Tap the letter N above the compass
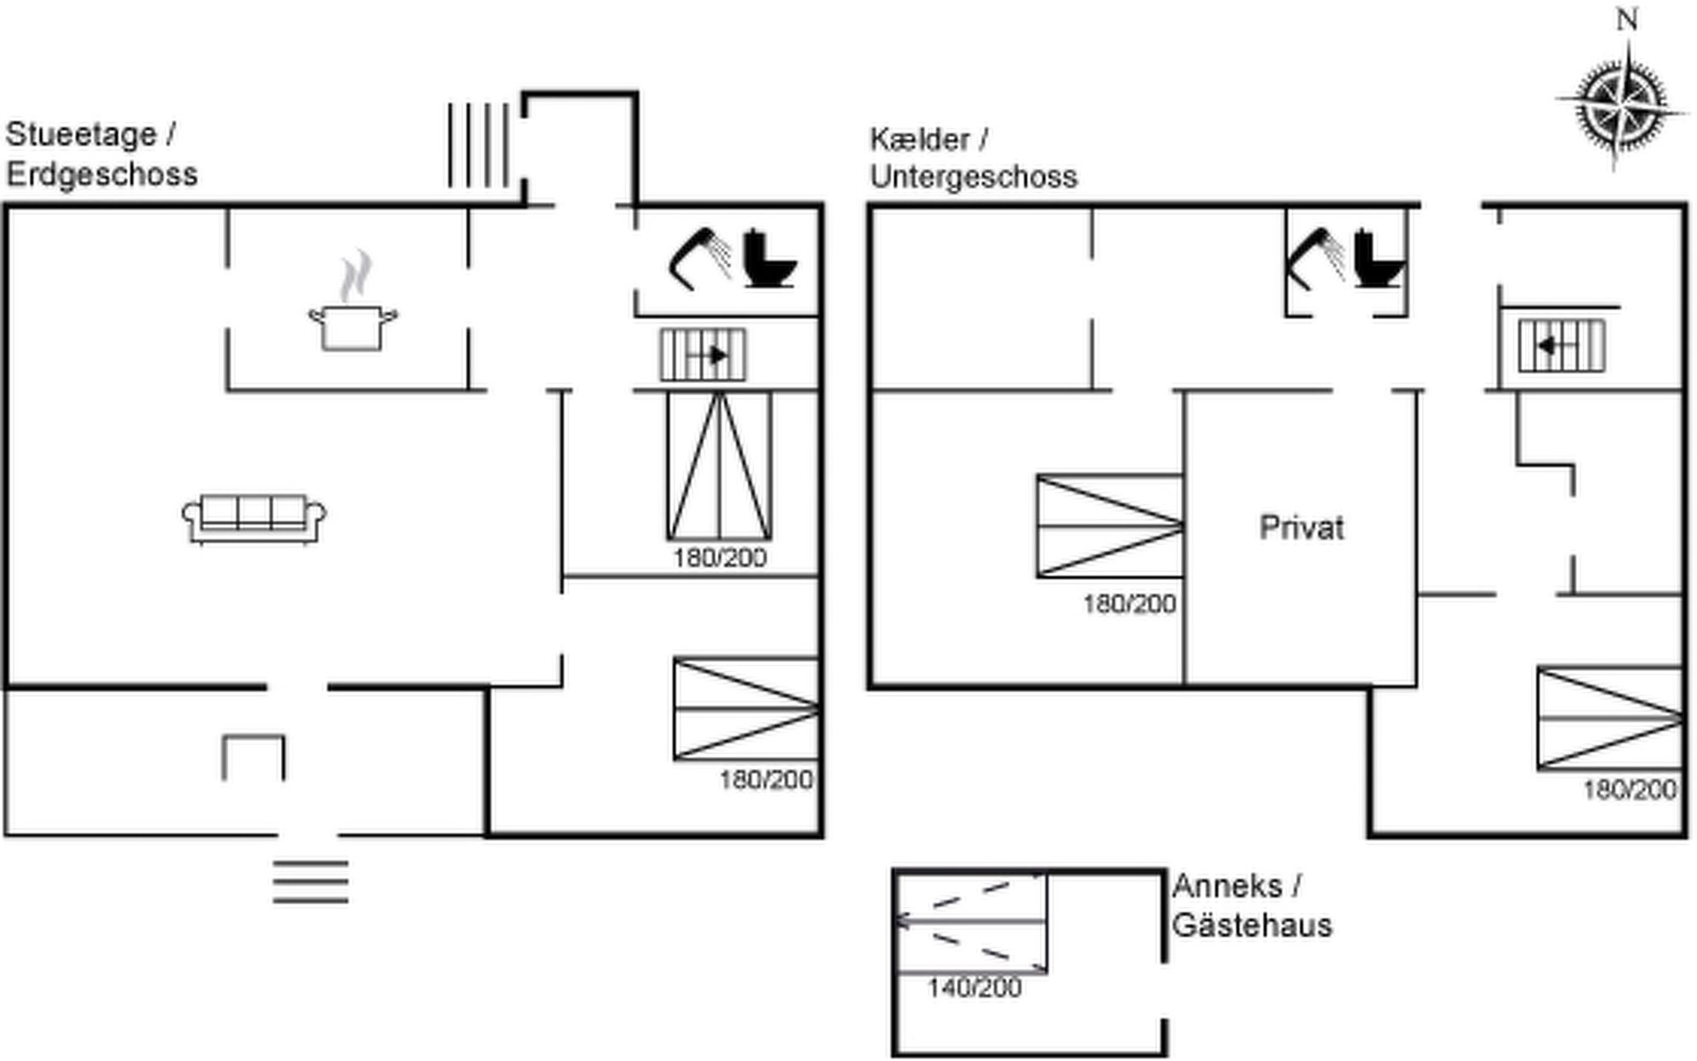(x=1627, y=19)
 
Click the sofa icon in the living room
(x=254, y=518)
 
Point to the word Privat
(x=1301, y=528)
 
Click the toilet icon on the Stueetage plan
(x=767, y=259)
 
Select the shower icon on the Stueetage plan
(x=700, y=258)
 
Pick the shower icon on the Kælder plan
(x=1316, y=258)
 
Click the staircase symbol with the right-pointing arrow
(x=704, y=355)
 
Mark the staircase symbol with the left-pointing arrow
(x=1562, y=346)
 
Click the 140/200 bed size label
(x=974, y=988)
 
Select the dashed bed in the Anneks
(x=971, y=923)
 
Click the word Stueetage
(x=81, y=135)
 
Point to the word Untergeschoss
(x=973, y=177)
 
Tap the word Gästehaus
(x=1252, y=926)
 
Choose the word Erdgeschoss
(x=102, y=174)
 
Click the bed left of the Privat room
(x=1110, y=526)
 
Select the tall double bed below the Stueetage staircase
(x=719, y=466)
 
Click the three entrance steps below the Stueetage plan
(x=310, y=882)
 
